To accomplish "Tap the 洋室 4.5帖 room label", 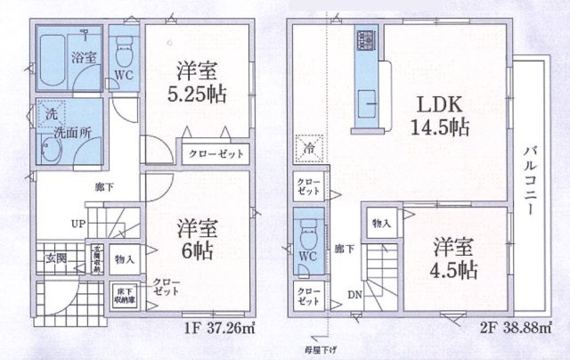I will coord(454,258).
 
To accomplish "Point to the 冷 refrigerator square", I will coord(308,149).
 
